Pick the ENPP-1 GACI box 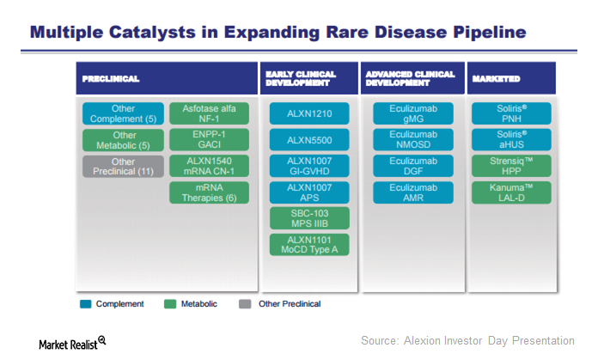(x=209, y=140)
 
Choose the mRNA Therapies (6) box (x=209, y=192)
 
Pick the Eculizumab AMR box (x=409, y=192)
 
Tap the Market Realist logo (x=72, y=343)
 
